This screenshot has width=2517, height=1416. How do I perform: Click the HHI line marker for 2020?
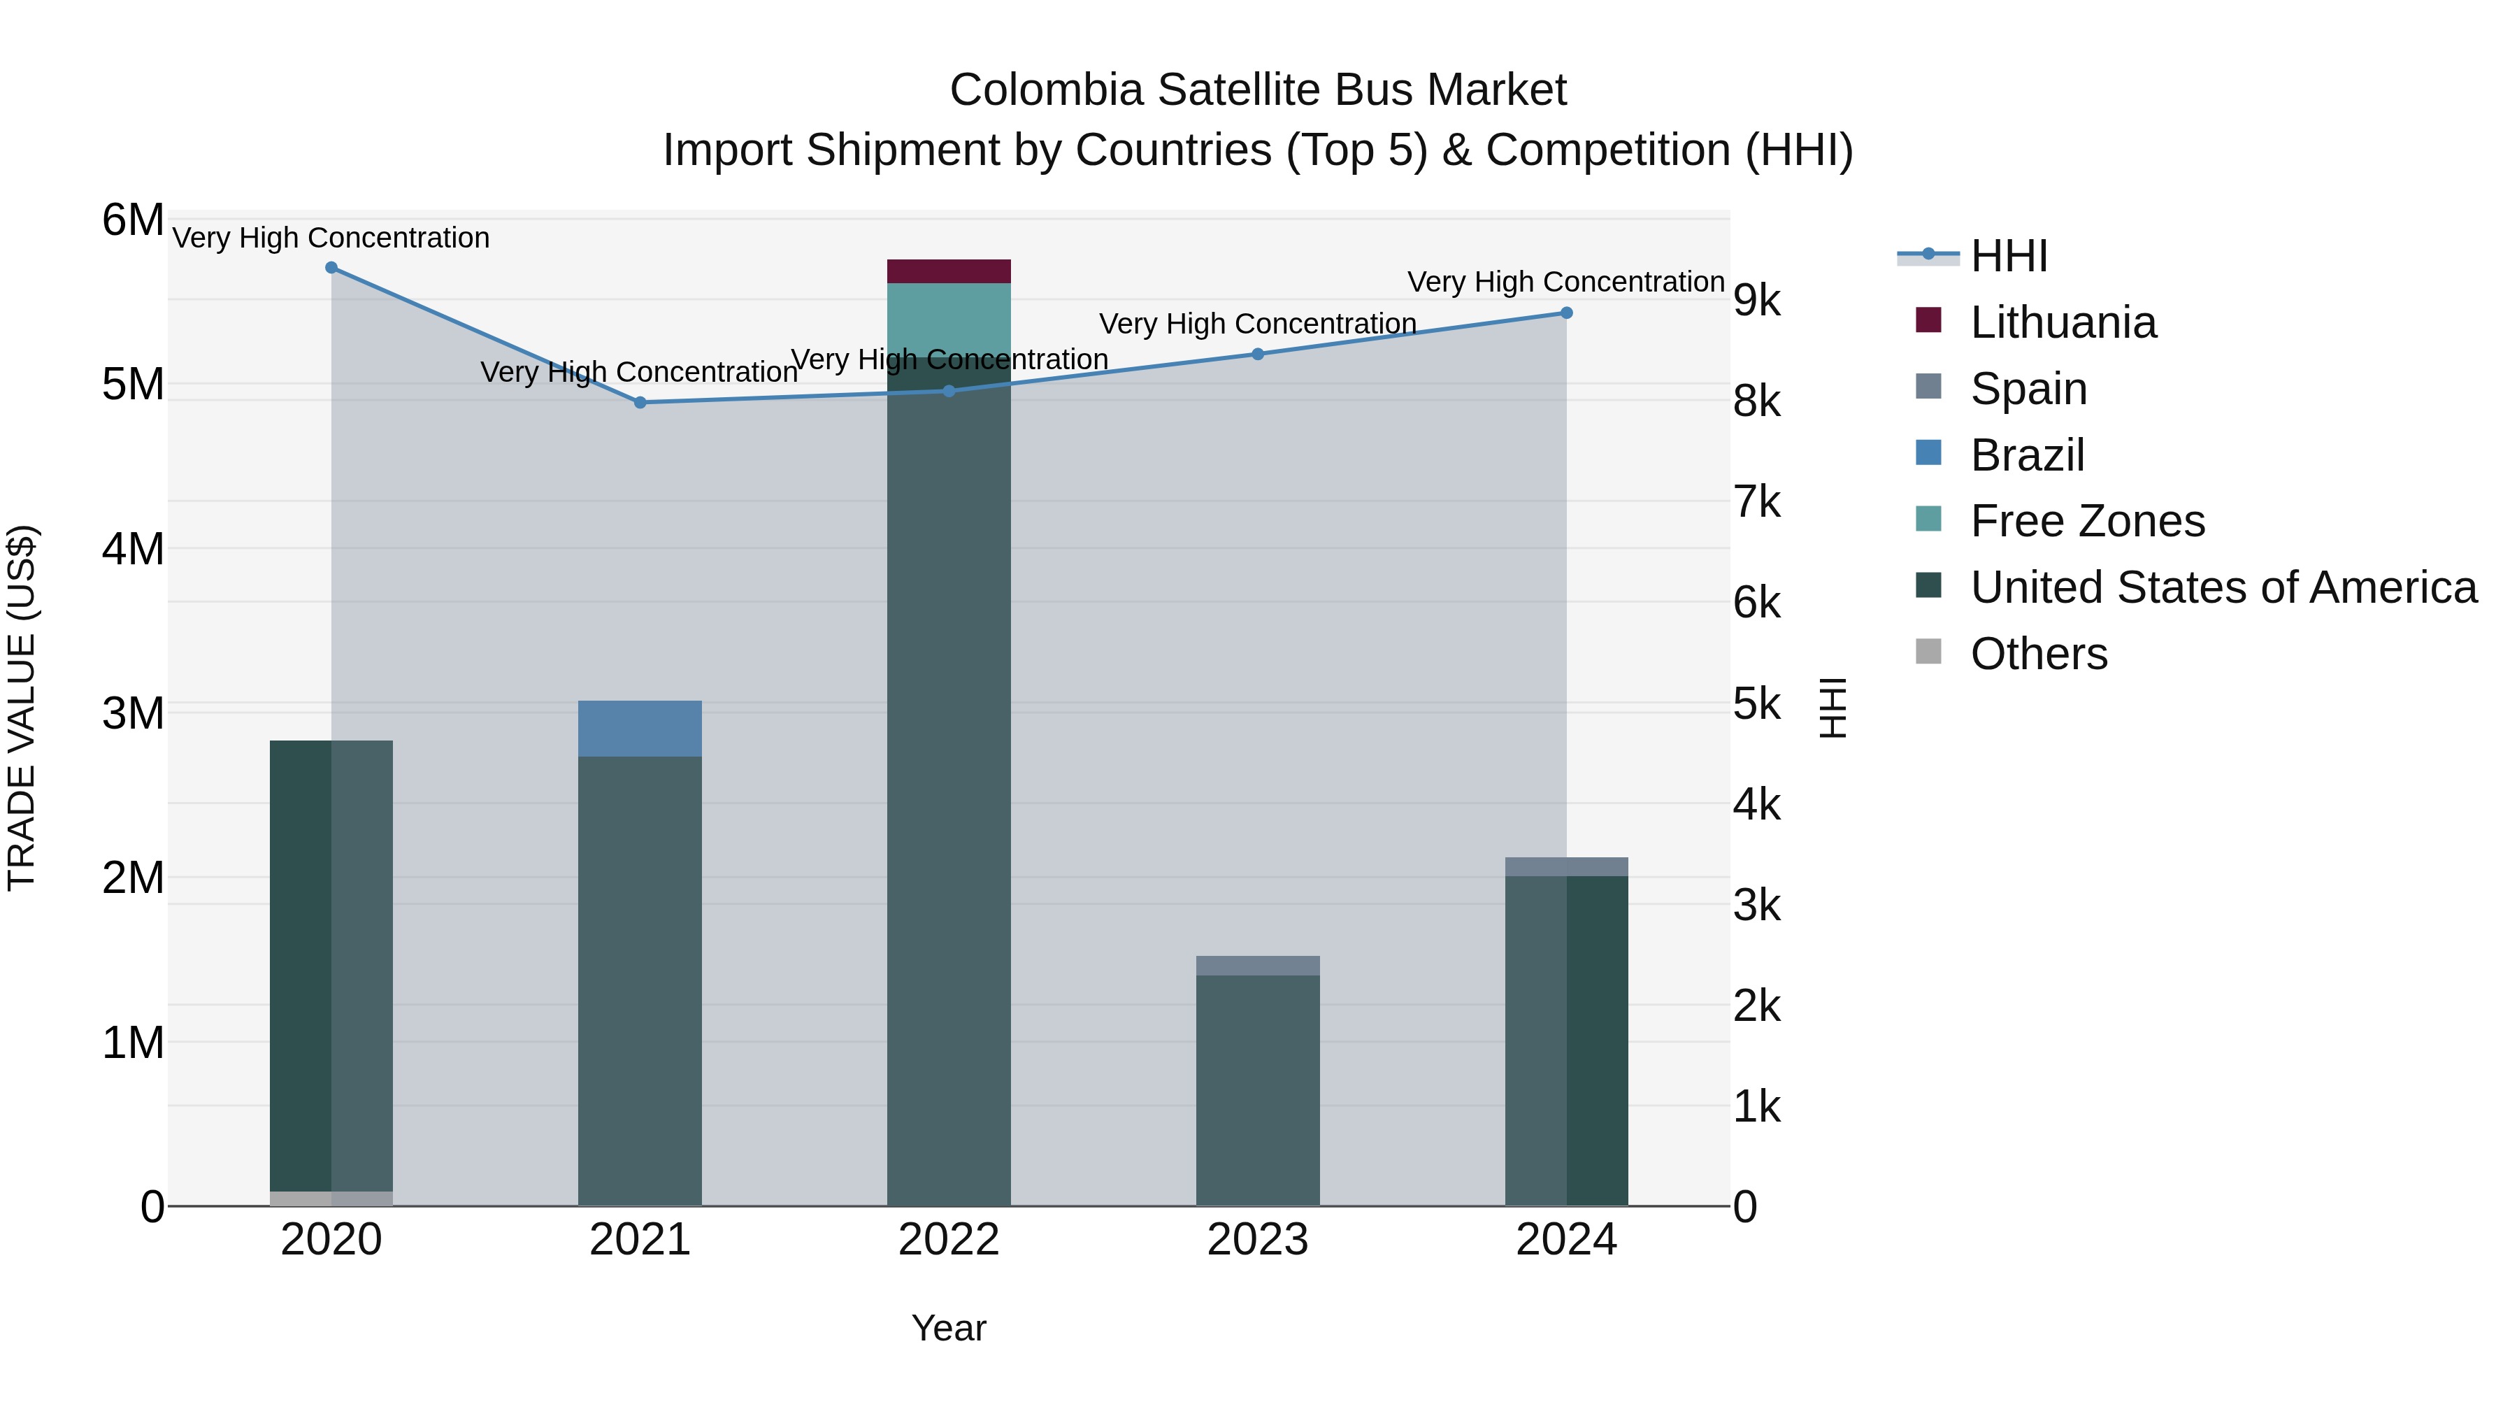[x=331, y=268]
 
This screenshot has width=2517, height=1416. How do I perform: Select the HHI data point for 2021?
[x=640, y=403]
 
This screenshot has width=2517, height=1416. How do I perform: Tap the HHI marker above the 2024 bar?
[x=1566, y=313]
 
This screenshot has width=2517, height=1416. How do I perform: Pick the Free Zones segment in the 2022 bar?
[x=949, y=319]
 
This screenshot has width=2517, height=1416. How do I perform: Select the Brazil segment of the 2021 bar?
[x=640, y=728]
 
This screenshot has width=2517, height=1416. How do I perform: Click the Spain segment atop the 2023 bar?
[x=1258, y=966]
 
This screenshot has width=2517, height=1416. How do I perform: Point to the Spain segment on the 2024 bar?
[x=1566, y=867]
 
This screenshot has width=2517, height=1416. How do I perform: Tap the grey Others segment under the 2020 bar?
[x=331, y=1198]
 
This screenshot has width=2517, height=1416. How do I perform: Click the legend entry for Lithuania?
[x=2063, y=322]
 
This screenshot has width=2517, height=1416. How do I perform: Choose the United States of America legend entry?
[x=2223, y=587]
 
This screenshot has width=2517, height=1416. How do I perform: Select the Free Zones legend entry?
[x=2087, y=521]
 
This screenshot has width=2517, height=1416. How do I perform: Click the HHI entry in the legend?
[x=2008, y=256]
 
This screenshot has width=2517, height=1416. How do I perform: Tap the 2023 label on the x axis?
[x=1258, y=1240]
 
